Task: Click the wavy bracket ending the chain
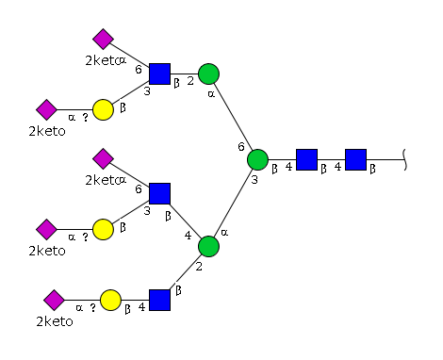click(x=405, y=160)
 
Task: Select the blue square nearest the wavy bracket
click(x=355, y=160)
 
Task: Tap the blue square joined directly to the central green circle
click(x=306, y=160)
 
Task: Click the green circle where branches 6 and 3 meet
click(x=257, y=160)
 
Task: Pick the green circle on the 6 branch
click(x=208, y=74)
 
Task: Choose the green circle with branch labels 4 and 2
click(x=208, y=247)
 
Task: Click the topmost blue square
click(x=159, y=74)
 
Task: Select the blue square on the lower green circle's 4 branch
click(x=159, y=194)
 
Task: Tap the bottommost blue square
click(x=159, y=301)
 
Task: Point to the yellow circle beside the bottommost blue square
click(x=110, y=301)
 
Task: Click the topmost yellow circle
click(x=103, y=110)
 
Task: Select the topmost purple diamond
click(x=103, y=40)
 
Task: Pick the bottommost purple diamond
click(x=54, y=301)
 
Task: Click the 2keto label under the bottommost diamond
click(x=55, y=321)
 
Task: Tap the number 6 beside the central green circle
click(x=241, y=147)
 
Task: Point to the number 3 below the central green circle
click(x=254, y=180)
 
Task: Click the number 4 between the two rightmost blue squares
click(x=337, y=167)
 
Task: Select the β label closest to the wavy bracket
click(x=372, y=170)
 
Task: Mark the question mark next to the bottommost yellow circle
click(x=92, y=308)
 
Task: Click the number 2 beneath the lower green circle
click(x=199, y=267)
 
